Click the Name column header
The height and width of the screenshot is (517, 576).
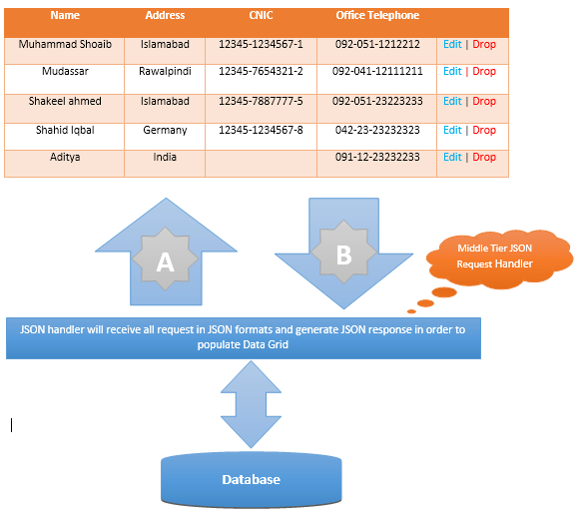pos(65,15)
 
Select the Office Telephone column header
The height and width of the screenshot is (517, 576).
pos(377,15)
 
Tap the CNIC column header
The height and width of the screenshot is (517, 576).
pos(261,15)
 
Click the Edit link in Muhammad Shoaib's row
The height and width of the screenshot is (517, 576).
pos(452,44)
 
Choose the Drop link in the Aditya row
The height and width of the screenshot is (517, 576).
pos(484,157)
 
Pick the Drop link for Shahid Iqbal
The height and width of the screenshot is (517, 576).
pos(484,130)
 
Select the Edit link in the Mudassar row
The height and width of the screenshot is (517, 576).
pos(452,71)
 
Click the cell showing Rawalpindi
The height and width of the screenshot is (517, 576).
pos(165,79)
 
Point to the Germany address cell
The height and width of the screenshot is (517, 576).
pos(165,136)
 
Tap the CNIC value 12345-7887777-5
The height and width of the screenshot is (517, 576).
pos(261,101)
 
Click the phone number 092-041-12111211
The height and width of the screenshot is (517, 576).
pos(377,71)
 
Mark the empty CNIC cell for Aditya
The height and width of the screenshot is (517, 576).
pos(261,164)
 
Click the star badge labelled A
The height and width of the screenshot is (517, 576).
pos(166,258)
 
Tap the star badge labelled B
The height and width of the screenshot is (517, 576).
pos(343,253)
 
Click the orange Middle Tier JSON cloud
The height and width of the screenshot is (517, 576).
pos(498,258)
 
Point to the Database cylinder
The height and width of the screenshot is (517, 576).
pos(252,479)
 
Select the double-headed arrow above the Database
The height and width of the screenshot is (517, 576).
pos(251,404)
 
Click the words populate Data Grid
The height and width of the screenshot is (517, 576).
pos(243,344)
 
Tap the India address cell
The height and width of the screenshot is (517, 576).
pos(165,164)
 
